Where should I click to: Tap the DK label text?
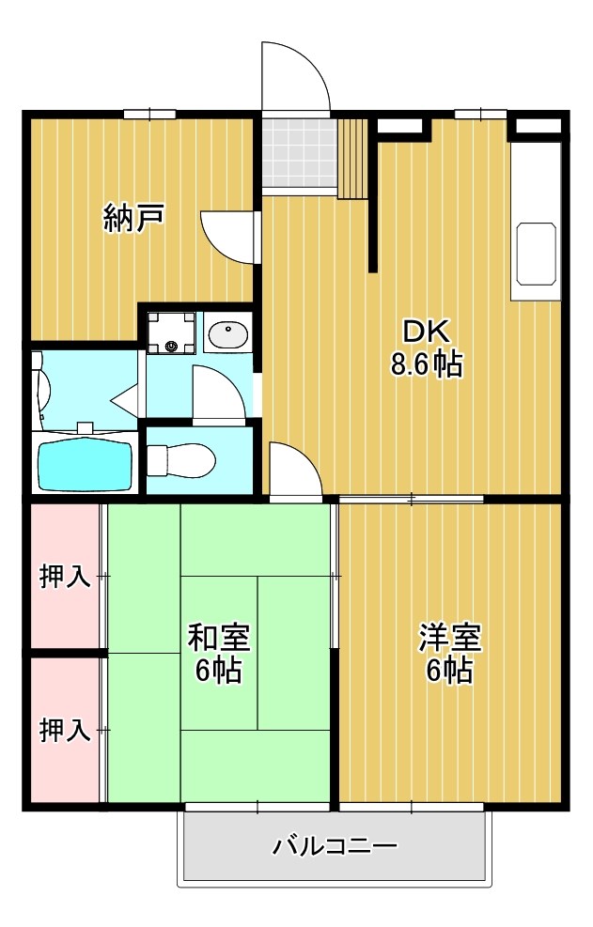click(428, 331)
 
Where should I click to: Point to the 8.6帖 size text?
click(428, 364)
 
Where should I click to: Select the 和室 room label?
click(218, 638)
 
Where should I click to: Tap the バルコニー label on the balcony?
click(335, 846)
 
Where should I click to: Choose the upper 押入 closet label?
click(65, 577)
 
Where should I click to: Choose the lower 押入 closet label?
click(65, 730)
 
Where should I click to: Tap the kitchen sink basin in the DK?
click(536, 255)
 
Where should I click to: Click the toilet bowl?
click(186, 460)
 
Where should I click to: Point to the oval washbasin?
click(227, 333)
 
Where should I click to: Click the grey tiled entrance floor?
click(298, 152)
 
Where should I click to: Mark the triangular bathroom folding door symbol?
click(125, 400)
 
